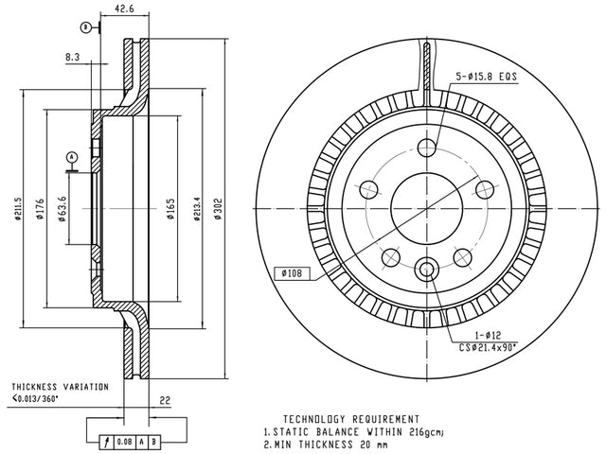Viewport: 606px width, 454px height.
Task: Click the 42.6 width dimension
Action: click(x=124, y=9)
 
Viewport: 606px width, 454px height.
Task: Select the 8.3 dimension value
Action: click(x=72, y=57)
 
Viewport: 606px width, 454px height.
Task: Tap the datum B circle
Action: click(x=85, y=27)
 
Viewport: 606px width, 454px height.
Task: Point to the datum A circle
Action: click(x=72, y=157)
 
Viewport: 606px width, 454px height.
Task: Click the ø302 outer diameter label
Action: click(x=219, y=209)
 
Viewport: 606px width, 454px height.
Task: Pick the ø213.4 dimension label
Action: click(x=197, y=209)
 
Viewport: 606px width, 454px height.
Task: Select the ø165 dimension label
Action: click(x=170, y=209)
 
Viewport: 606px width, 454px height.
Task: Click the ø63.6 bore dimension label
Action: click(x=62, y=209)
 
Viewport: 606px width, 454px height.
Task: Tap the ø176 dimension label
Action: click(x=40, y=209)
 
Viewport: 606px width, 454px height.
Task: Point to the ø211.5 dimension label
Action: click(x=17, y=209)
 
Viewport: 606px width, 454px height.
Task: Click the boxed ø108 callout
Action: click(x=292, y=273)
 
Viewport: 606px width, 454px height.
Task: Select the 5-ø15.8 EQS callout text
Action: click(x=486, y=77)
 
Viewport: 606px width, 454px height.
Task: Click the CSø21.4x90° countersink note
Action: click(x=488, y=347)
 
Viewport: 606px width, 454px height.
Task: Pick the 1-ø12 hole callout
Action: click(x=488, y=335)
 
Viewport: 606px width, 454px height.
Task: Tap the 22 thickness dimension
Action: click(x=165, y=400)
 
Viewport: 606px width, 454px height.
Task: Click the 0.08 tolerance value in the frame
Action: click(x=124, y=442)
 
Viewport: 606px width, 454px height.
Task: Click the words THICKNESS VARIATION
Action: click(x=60, y=387)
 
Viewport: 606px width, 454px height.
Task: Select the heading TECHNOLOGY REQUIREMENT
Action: click(x=351, y=419)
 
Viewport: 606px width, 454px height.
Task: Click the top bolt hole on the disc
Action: click(x=427, y=148)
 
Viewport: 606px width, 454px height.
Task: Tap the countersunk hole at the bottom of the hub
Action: click(x=427, y=269)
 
